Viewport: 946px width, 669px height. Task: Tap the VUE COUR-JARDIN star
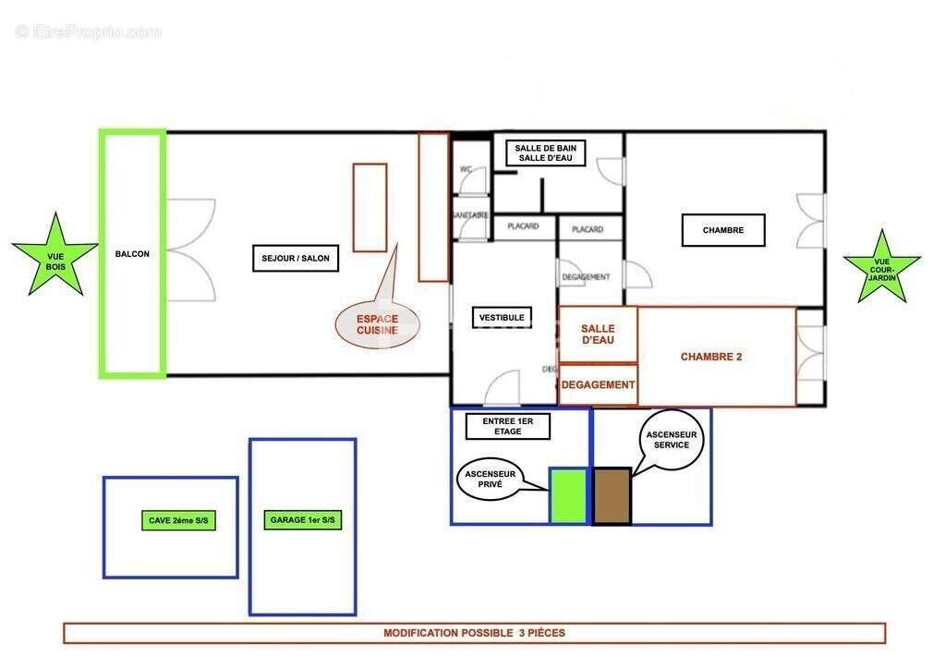[x=881, y=268]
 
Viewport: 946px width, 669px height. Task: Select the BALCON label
[x=132, y=254]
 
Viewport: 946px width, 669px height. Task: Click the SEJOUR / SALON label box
[x=295, y=259]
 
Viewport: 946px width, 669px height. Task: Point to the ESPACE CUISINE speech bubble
[x=377, y=323]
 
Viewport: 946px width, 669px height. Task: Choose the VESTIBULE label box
[x=502, y=318]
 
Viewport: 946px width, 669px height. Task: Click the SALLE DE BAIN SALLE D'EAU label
[x=544, y=153]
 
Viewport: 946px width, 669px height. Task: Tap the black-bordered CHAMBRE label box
[x=722, y=231]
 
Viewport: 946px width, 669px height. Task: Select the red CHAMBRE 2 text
[x=711, y=357]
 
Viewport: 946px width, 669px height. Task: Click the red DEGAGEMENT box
[x=598, y=384]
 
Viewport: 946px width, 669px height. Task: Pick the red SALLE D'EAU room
[x=598, y=334]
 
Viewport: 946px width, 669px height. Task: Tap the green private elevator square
[x=568, y=496]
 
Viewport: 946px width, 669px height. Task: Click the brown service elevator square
[x=612, y=496]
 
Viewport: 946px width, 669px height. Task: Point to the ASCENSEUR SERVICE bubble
[x=672, y=439]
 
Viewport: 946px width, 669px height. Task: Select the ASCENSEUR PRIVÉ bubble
[x=490, y=478]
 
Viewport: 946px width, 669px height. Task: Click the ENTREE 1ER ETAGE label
[x=508, y=426]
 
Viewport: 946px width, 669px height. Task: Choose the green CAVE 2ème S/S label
[x=178, y=521]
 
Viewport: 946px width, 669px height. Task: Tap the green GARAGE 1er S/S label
[x=302, y=520]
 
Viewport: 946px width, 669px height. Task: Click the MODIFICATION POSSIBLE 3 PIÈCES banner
[x=474, y=634]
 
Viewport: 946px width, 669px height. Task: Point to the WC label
[x=466, y=170]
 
